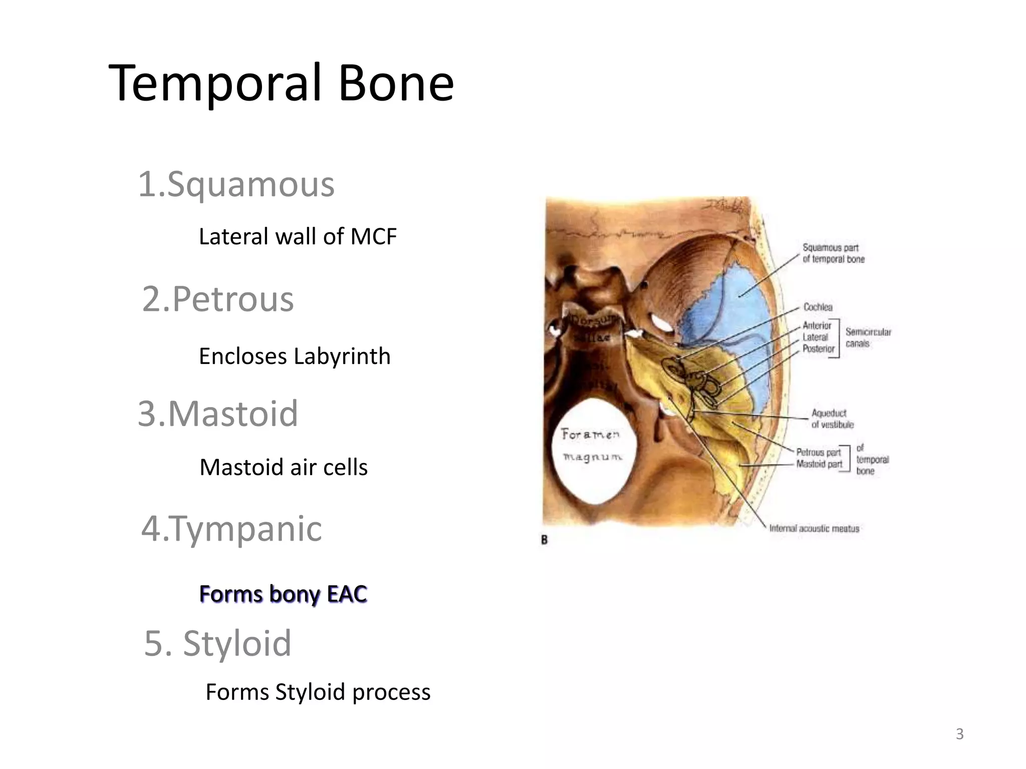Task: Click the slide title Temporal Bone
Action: pos(281,83)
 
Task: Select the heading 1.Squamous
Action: pos(236,185)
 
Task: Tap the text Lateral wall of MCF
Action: pos(298,237)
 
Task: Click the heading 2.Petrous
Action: pos(218,299)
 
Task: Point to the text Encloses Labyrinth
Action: pos(295,356)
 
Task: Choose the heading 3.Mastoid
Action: pos(218,414)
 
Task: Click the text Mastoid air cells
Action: pos(284,468)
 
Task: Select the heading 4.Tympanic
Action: pos(231,529)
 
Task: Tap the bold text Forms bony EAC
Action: pos(283,594)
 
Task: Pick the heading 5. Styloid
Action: pos(217,643)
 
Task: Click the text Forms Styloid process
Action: pos(318,692)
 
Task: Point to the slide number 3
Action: pos(959,734)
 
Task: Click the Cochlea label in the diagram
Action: pos(818,307)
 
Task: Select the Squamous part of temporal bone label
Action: pos(833,253)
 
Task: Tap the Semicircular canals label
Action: pos(868,337)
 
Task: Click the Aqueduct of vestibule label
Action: pos(832,419)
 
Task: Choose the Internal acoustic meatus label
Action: pos(814,528)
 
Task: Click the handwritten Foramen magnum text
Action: pos(591,445)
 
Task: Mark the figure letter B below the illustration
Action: pos(545,540)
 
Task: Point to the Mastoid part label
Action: pos(819,464)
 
